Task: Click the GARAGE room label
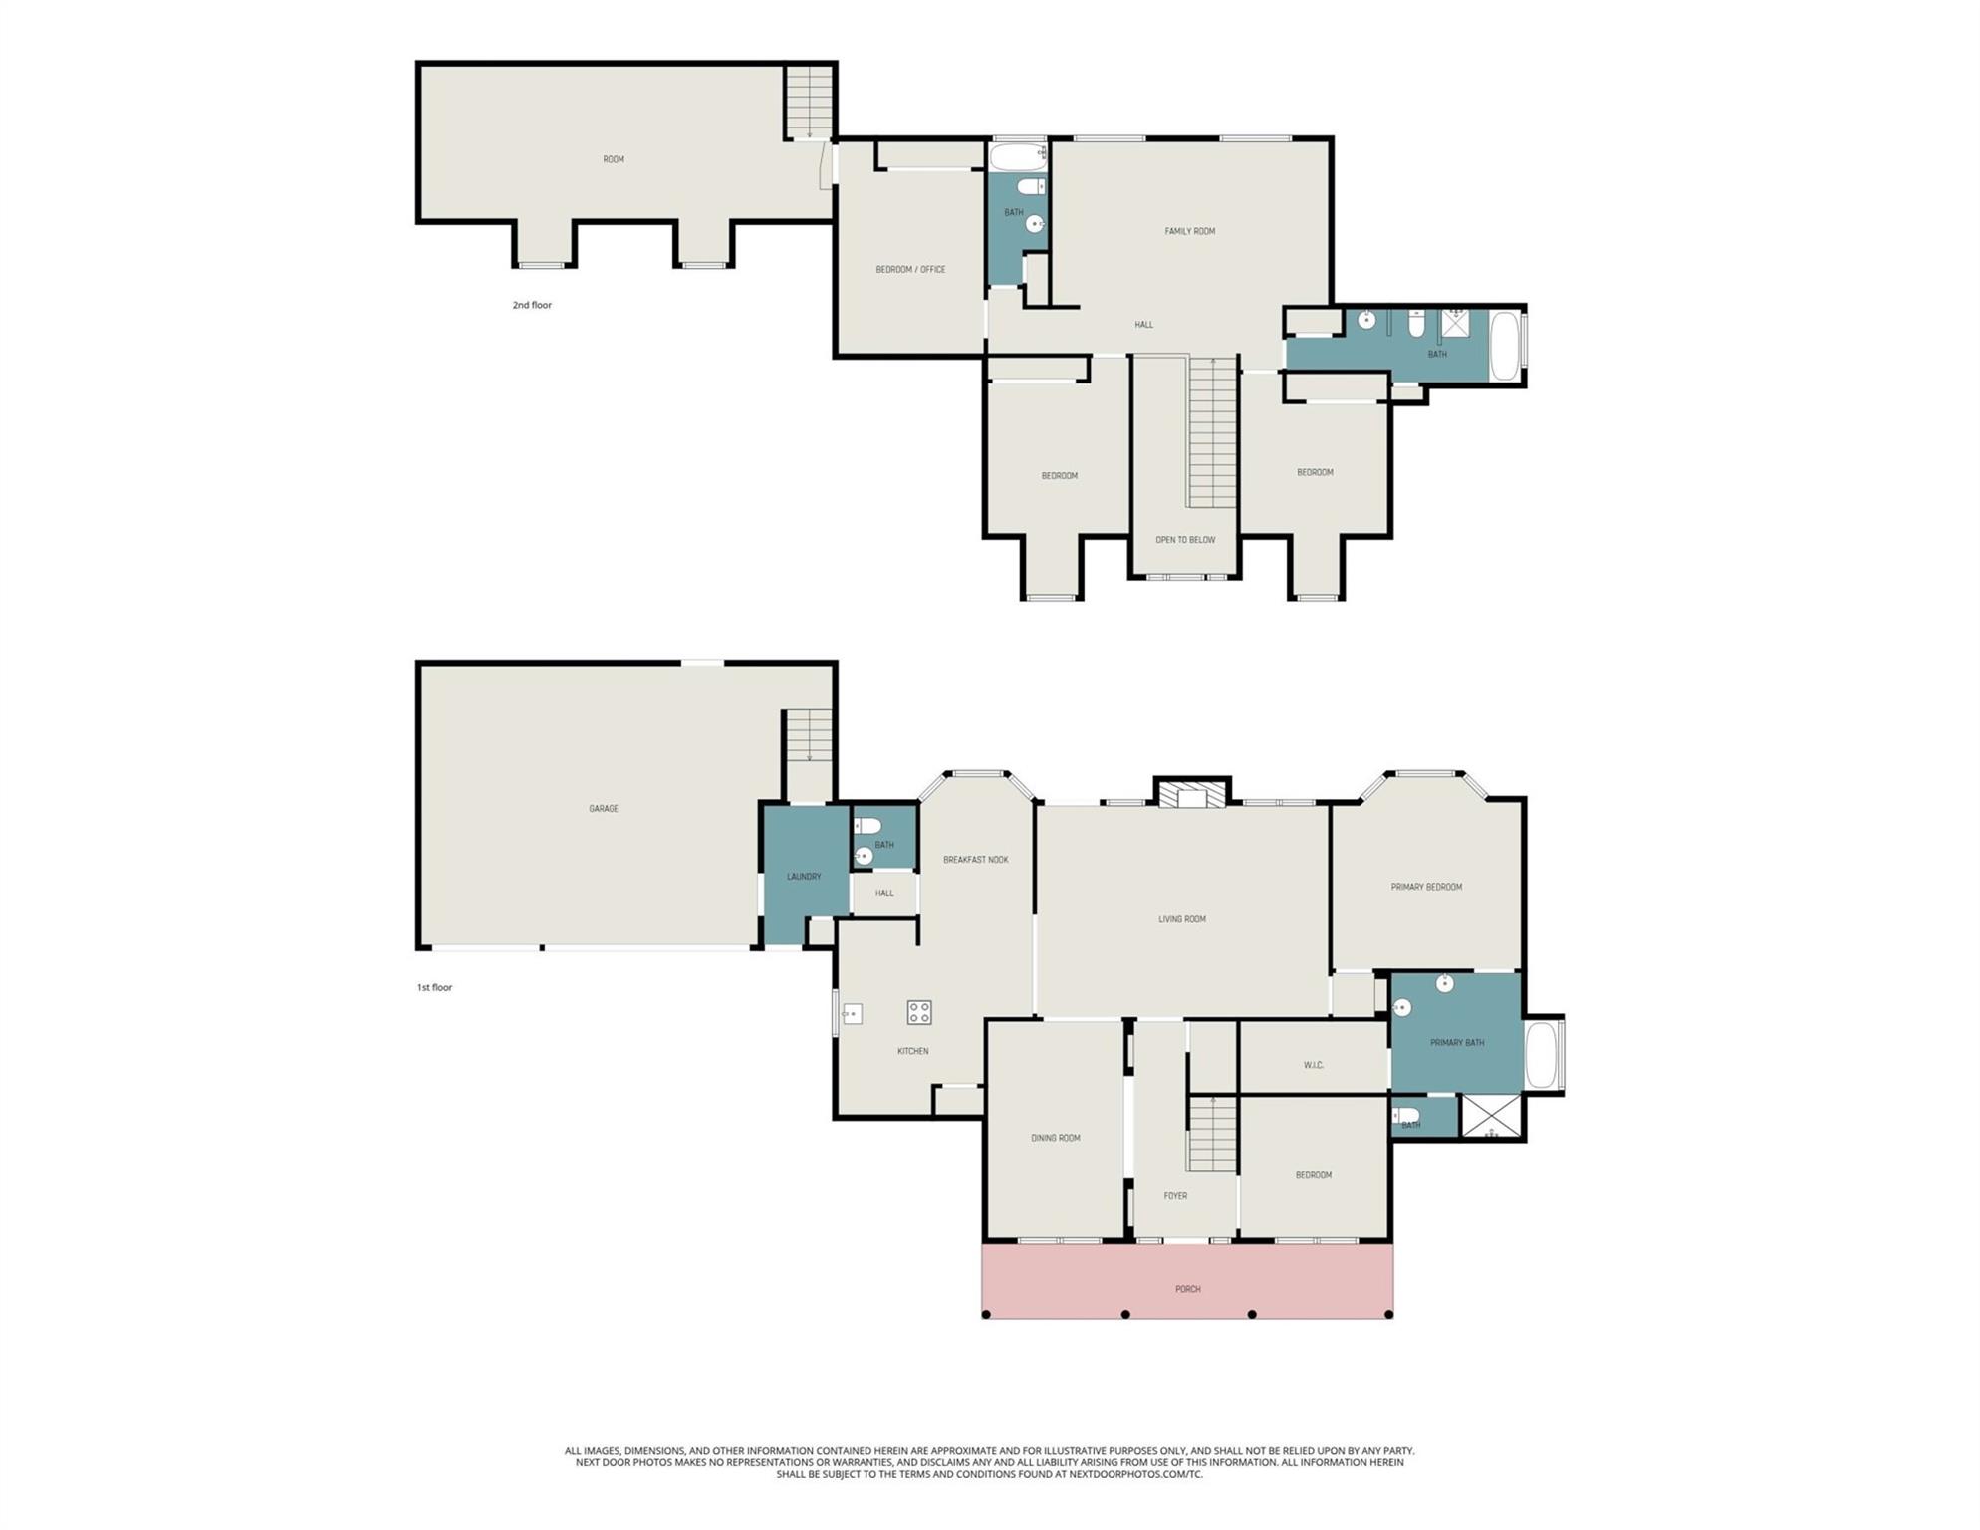pyautogui.click(x=604, y=809)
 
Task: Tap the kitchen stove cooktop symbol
pyautogui.click(x=919, y=1013)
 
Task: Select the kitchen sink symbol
pyautogui.click(x=852, y=1015)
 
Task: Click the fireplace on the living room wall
pyautogui.click(x=1192, y=792)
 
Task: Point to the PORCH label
pyautogui.click(x=1188, y=1289)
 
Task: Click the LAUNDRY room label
pyautogui.click(x=804, y=877)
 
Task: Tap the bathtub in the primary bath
pyautogui.click(x=1542, y=1055)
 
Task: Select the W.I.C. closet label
pyautogui.click(x=1314, y=1065)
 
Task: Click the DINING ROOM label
pyautogui.click(x=1056, y=1138)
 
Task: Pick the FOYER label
pyautogui.click(x=1175, y=1196)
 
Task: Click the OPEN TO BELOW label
pyautogui.click(x=1185, y=540)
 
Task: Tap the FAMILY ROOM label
pyautogui.click(x=1190, y=231)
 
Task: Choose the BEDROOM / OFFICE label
pyautogui.click(x=910, y=269)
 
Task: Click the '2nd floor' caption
pyautogui.click(x=532, y=305)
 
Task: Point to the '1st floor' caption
pyautogui.click(x=434, y=987)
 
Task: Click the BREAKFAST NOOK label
pyautogui.click(x=976, y=860)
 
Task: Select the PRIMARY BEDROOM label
pyautogui.click(x=1426, y=887)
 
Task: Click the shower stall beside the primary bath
pyautogui.click(x=1491, y=1117)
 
